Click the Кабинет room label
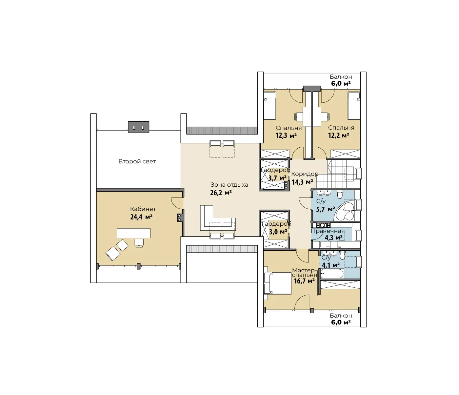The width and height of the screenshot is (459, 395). tap(143, 209)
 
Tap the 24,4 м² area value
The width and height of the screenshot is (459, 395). tap(141, 217)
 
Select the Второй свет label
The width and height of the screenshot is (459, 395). tap(137, 161)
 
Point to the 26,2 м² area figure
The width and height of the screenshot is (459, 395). tap(221, 193)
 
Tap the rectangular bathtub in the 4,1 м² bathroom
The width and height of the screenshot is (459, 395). tap(332, 274)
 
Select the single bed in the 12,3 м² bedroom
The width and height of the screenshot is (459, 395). tap(269, 106)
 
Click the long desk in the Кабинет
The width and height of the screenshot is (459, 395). tap(133, 233)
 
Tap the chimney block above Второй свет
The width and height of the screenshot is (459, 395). tap(138, 127)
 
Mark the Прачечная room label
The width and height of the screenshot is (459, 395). tap(328, 231)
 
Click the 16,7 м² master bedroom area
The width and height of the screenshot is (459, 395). tap(304, 281)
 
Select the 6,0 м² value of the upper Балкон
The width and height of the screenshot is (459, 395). tap(341, 84)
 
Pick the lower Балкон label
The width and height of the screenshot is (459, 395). tap(341, 316)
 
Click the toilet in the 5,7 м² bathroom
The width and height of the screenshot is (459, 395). tap(340, 195)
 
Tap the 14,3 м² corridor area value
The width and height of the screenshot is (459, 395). tap(302, 182)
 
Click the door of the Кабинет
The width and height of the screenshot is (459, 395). tap(176, 203)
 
